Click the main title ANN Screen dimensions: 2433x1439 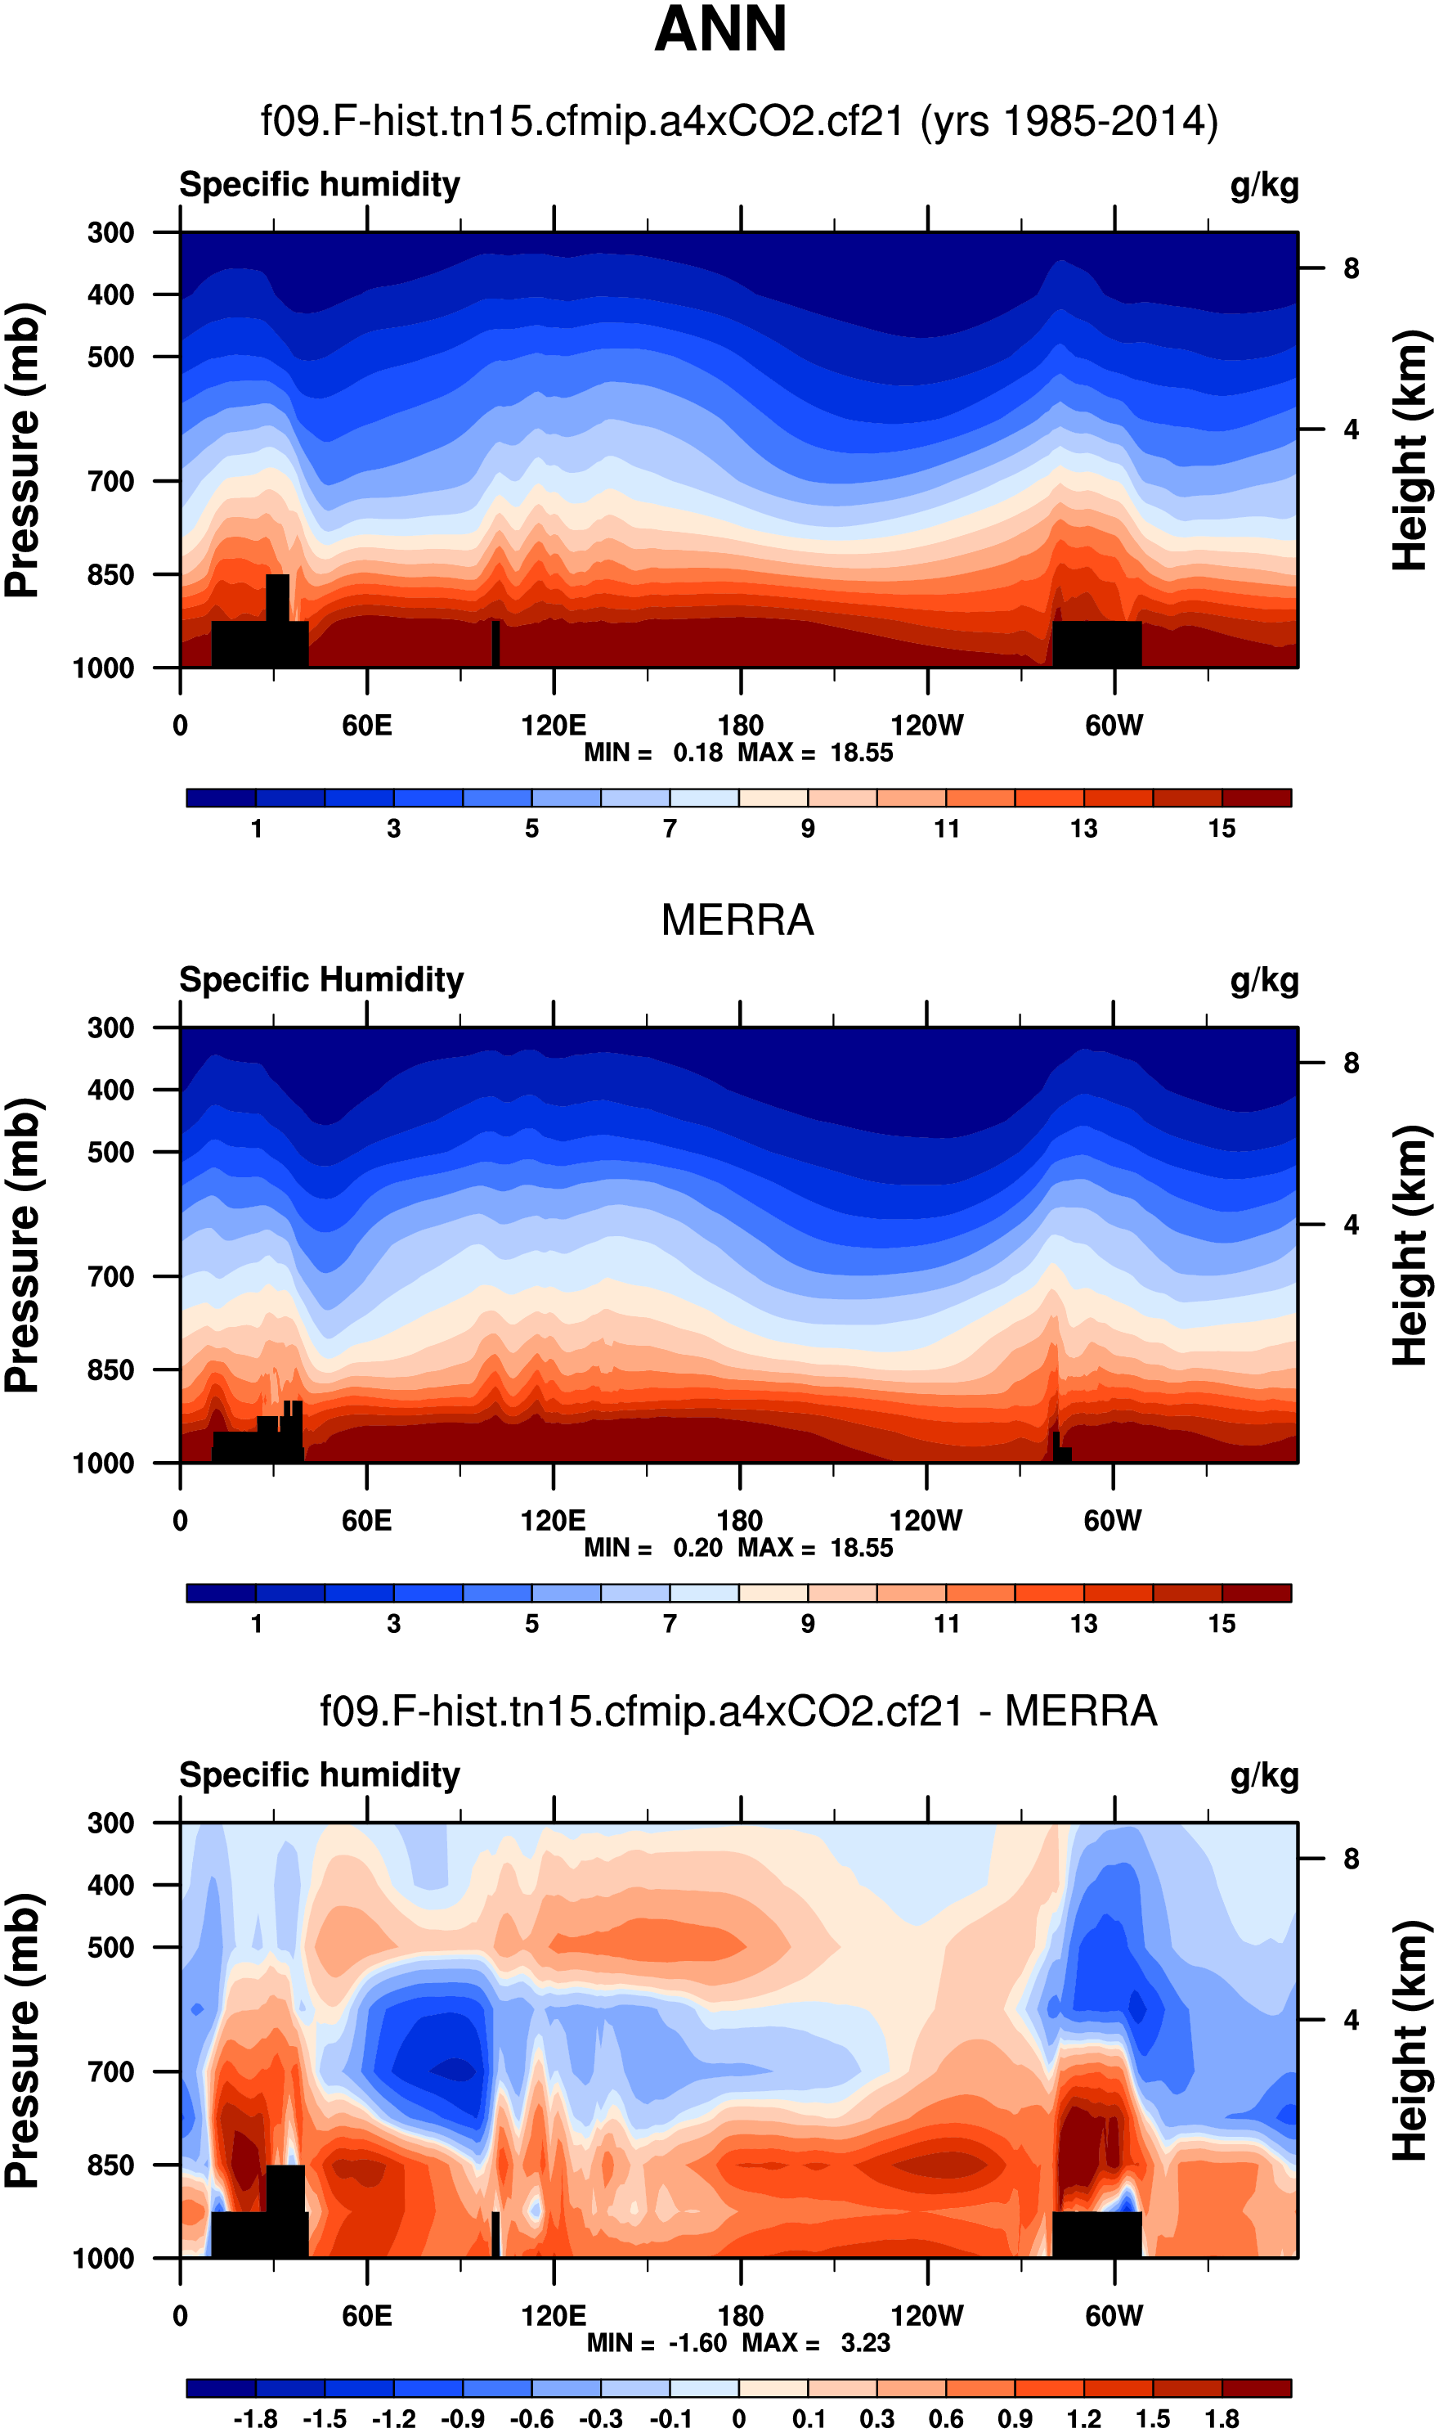tap(720, 29)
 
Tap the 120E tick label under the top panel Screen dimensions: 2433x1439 tap(554, 726)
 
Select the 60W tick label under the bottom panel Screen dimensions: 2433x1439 tap(1114, 2316)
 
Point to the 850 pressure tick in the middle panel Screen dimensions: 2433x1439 tap(110, 1369)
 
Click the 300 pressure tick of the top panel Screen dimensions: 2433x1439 tap(110, 233)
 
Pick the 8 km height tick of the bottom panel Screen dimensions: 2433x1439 tap(1351, 1859)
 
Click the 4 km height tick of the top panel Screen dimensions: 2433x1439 tap(1351, 429)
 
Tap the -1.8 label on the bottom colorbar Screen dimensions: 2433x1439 tap(255, 2418)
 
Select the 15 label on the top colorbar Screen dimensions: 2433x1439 tap(1222, 829)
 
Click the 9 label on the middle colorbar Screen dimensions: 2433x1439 tap(808, 1624)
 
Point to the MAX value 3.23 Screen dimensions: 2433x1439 tap(865, 2343)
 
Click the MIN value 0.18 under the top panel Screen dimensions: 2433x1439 tap(698, 753)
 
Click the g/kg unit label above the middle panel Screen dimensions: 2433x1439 tap(1265, 980)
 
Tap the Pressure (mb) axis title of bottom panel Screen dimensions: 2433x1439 tap(23, 2041)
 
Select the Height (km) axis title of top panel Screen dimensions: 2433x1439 tap(1411, 450)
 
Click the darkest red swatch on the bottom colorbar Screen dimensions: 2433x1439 tap(1257, 2388)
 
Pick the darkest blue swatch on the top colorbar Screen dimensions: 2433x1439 tap(221, 798)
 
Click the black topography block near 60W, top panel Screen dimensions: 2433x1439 tap(1096, 643)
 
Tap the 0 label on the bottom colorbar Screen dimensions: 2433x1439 tap(739, 2418)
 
